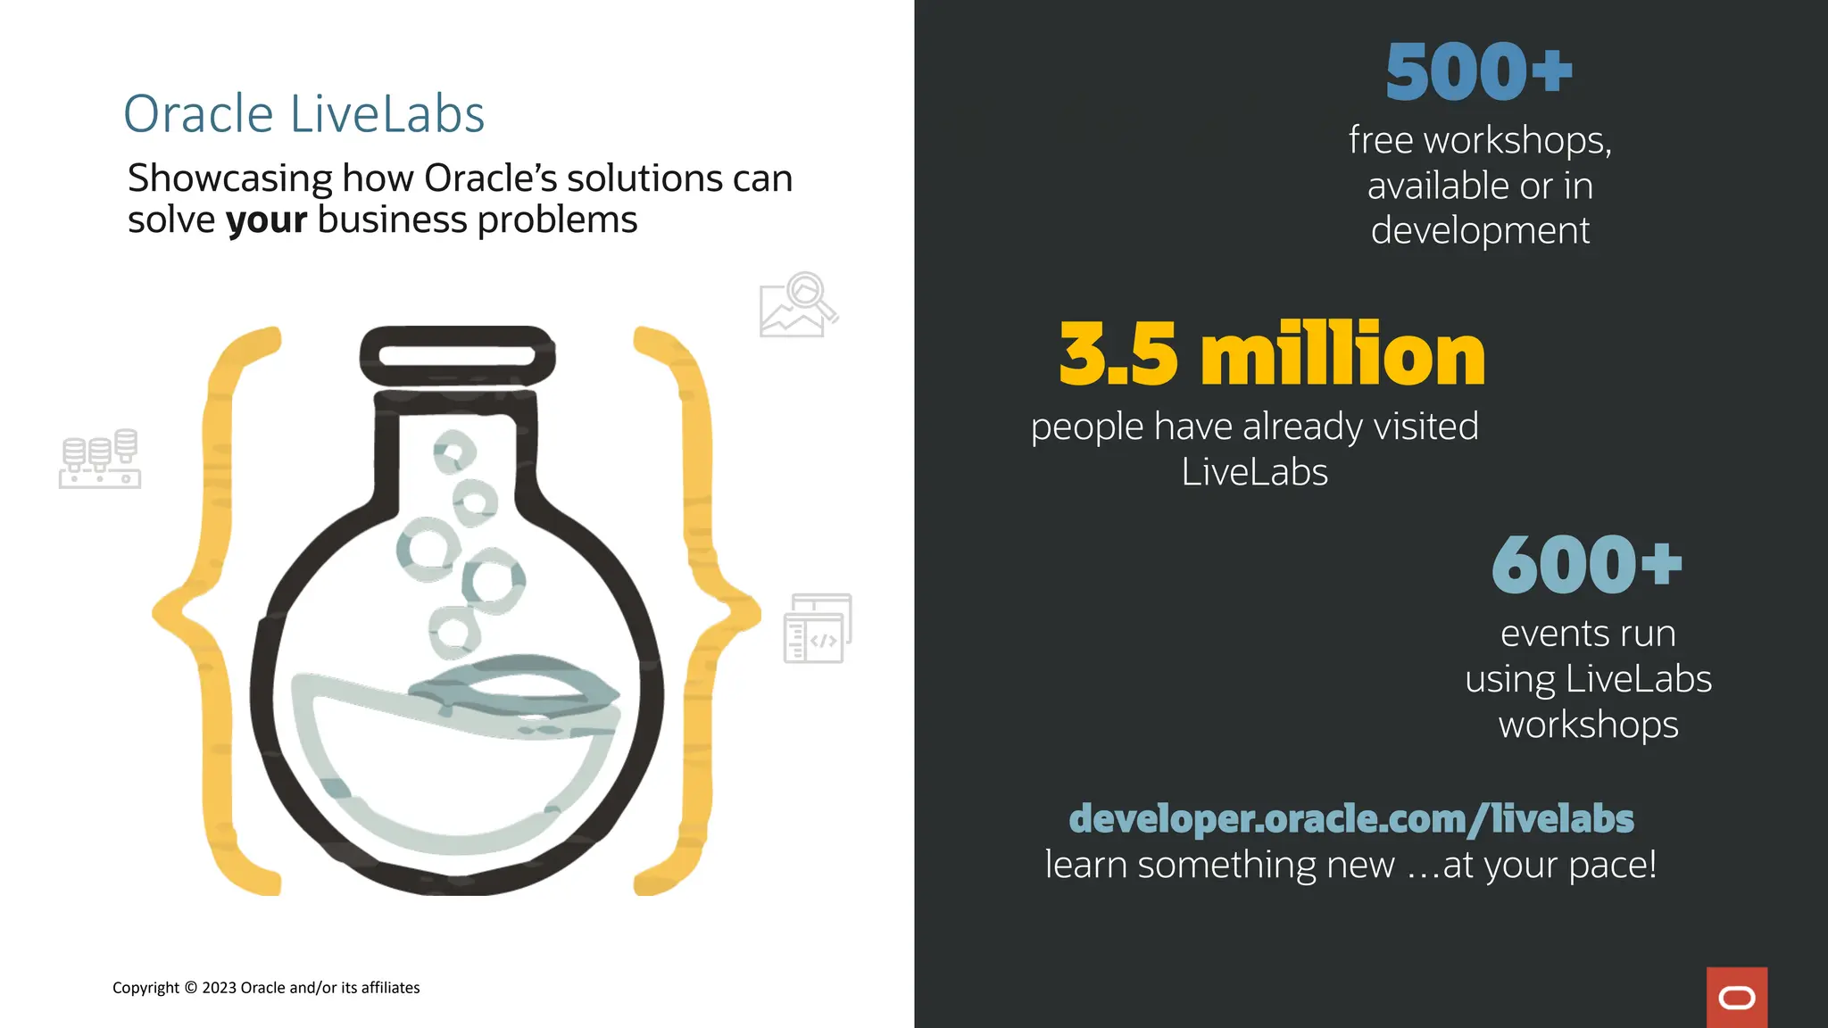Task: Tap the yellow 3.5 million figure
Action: click(1272, 354)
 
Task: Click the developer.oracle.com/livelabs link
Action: click(1351, 818)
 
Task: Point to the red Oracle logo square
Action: click(1736, 997)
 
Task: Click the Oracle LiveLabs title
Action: click(303, 114)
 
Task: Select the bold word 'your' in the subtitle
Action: click(266, 220)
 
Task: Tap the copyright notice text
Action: click(266, 988)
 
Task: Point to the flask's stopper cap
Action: click(457, 356)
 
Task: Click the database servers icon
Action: click(100, 459)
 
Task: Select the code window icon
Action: click(818, 628)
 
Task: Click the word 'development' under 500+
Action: click(1480, 231)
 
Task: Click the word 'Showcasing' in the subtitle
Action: click(229, 178)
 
